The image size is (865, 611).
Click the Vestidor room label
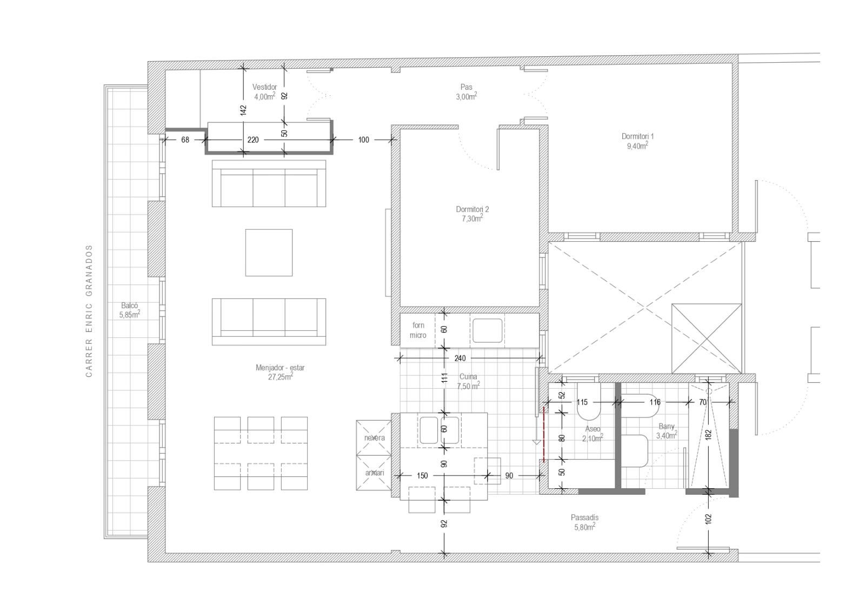(x=264, y=87)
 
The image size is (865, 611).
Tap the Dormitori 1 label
(x=637, y=136)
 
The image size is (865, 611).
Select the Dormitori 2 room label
(x=473, y=209)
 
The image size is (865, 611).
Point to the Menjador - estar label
(x=280, y=368)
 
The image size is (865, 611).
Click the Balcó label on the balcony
(x=129, y=305)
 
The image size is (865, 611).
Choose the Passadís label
(x=584, y=517)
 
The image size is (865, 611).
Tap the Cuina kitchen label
(x=468, y=376)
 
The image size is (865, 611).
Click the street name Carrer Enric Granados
(x=89, y=311)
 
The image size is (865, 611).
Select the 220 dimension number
(x=253, y=140)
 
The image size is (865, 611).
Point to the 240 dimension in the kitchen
(x=460, y=358)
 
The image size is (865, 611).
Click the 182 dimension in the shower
(x=708, y=435)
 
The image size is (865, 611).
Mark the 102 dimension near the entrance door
(x=708, y=519)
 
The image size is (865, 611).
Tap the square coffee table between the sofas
(x=269, y=253)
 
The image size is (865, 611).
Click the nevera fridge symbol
(x=374, y=437)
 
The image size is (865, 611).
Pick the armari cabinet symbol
(x=374, y=473)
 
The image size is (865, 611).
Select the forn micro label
(x=418, y=330)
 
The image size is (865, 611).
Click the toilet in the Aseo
(x=589, y=402)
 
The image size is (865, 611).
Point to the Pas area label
(x=466, y=87)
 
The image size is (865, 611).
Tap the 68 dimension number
(x=185, y=140)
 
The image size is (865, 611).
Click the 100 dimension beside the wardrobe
(x=364, y=140)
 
